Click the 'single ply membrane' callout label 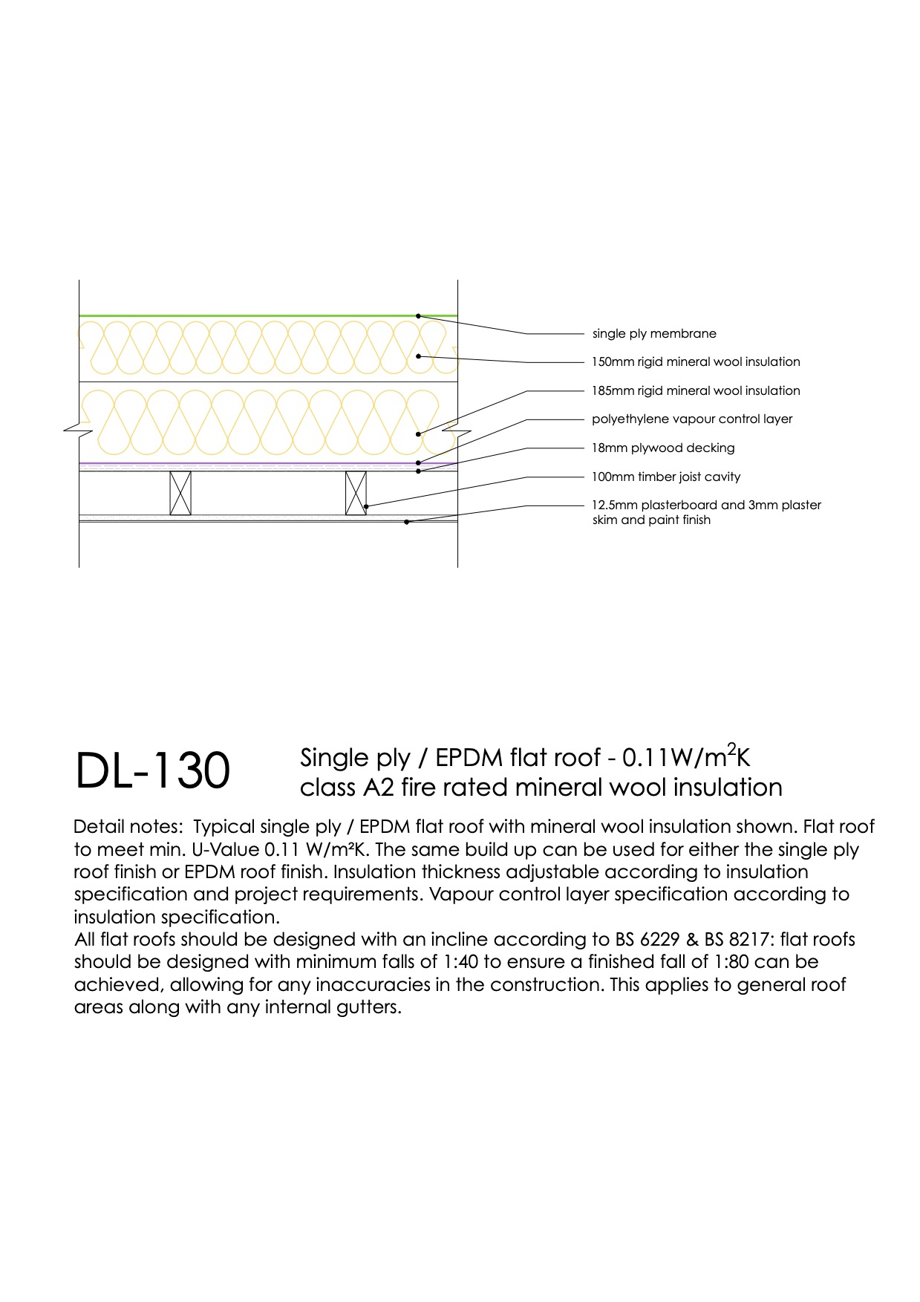[654, 334]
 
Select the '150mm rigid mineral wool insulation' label [696, 362]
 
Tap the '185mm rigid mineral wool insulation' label [696, 390]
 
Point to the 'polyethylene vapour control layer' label [692, 419]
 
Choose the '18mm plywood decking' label [663, 448]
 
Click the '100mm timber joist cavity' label [666, 477]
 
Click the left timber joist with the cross [180, 493]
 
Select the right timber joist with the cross [356, 493]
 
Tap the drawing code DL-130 [153, 771]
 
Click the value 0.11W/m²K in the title [686, 756]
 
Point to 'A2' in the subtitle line [379, 788]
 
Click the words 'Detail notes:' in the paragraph [128, 827]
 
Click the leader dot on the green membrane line [418, 316]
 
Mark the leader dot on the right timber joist [366, 506]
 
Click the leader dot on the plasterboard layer [406, 522]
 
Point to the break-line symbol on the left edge [77, 429]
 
